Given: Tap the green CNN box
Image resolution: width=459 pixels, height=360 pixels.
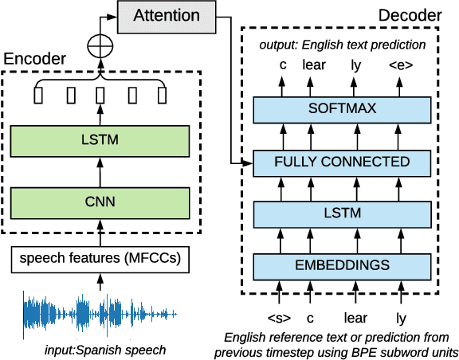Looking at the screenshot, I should tap(100, 202).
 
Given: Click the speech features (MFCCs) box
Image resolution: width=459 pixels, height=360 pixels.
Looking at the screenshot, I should tap(100, 258).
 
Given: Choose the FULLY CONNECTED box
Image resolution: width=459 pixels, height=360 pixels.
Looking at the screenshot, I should tap(341, 162).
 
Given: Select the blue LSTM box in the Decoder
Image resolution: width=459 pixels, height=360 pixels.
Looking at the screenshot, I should tap(341, 213).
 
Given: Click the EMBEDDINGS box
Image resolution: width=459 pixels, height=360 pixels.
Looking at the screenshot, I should tap(341, 264).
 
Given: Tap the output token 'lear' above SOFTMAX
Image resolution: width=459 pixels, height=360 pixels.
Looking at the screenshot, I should tap(314, 65).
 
